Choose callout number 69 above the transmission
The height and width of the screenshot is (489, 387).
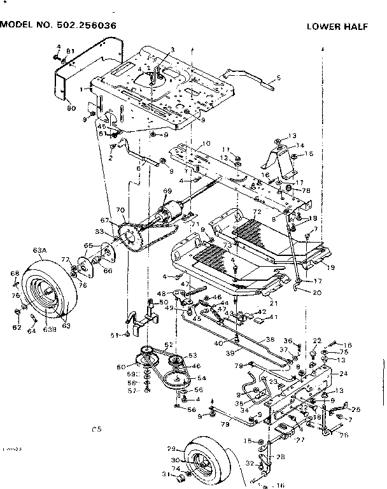pyautogui.click(x=168, y=191)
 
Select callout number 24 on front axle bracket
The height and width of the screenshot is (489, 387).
pyautogui.click(x=343, y=374)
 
